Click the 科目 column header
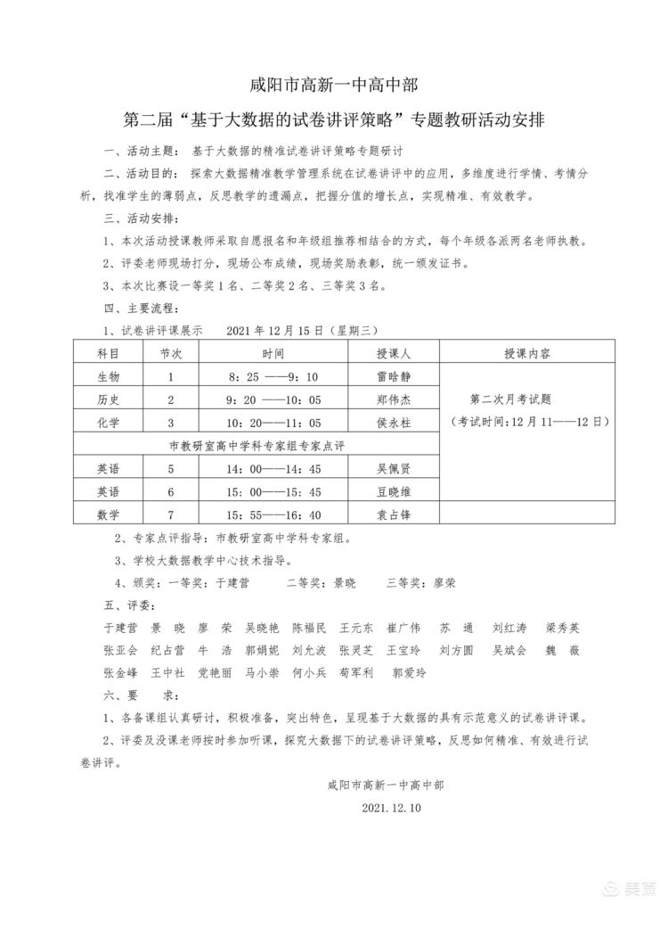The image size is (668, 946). click(x=108, y=354)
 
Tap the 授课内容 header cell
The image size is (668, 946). click(x=527, y=354)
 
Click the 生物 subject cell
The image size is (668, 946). click(x=108, y=376)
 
